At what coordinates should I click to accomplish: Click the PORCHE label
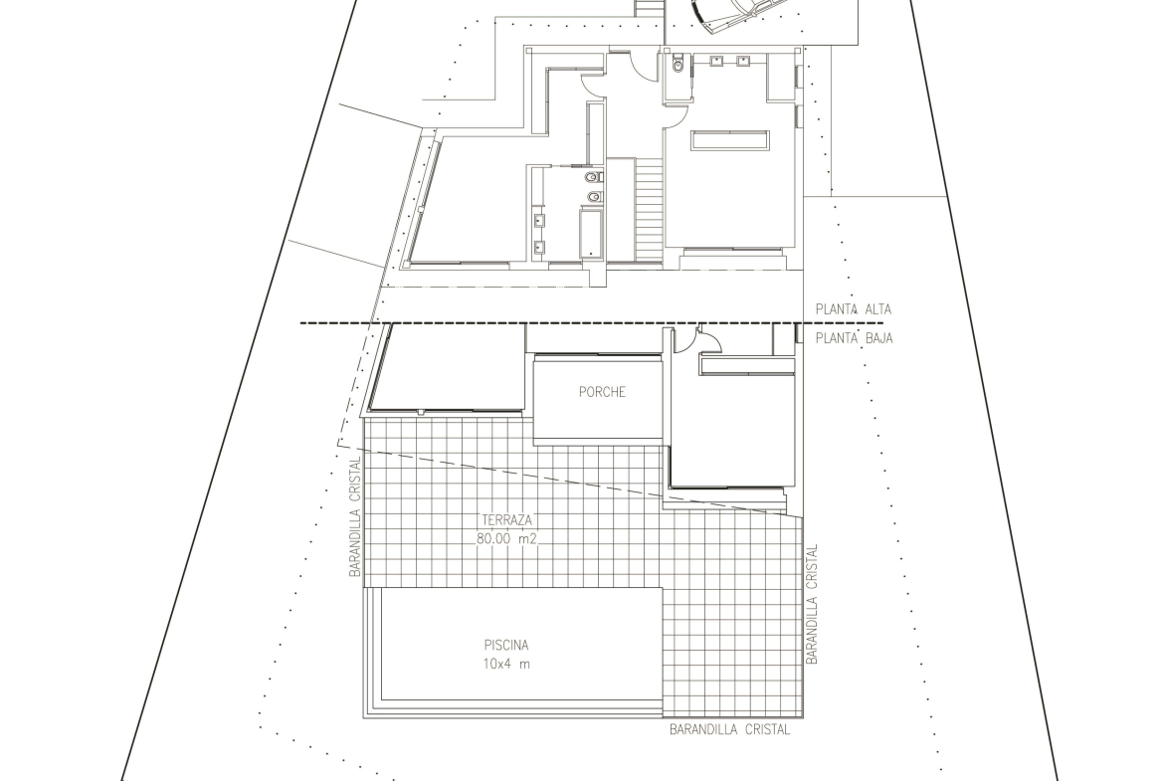click(x=602, y=392)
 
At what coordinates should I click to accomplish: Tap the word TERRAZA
click(x=505, y=521)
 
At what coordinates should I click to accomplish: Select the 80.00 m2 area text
click(x=505, y=539)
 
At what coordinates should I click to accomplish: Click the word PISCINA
click(x=506, y=646)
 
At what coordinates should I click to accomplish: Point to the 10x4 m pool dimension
click(x=506, y=665)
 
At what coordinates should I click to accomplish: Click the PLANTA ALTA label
click(x=854, y=309)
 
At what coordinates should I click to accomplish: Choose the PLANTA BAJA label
click(x=854, y=338)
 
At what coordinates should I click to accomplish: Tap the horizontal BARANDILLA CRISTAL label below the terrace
click(x=729, y=730)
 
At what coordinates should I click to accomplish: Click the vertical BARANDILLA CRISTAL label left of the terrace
click(x=355, y=516)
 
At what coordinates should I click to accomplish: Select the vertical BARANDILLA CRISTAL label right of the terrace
click(x=812, y=604)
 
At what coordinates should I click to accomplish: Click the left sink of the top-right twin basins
click(x=718, y=61)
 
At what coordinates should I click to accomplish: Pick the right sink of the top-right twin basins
click(x=743, y=61)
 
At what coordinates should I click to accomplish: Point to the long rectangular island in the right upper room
click(x=729, y=140)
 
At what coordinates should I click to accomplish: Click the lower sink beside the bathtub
click(x=539, y=248)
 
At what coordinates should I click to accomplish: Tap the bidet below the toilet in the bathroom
click(x=593, y=197)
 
